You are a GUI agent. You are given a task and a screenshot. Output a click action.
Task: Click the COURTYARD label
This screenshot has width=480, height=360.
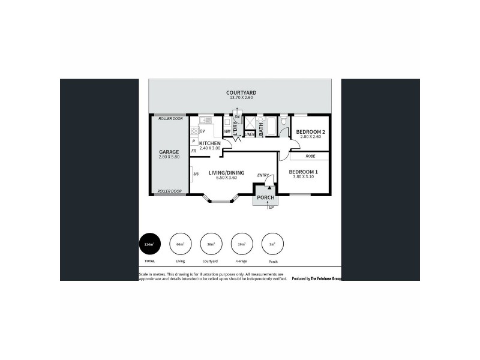tap(241, 92)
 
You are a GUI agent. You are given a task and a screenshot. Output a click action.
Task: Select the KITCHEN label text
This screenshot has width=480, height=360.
tap(210, 143)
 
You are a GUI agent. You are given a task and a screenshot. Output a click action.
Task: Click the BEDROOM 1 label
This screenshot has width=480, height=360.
tap(305, 172)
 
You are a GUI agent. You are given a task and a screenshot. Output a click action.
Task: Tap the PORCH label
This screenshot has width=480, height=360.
tap(265, 197)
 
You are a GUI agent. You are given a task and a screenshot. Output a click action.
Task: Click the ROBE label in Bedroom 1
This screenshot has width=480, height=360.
tap(310, 156)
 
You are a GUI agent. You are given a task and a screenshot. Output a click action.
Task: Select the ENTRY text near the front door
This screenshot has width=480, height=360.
tap(263, 175)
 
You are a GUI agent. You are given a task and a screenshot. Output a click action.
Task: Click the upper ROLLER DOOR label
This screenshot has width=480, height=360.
tap(170, 119)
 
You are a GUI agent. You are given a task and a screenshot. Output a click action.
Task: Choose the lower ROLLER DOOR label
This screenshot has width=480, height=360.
tap(169, 191)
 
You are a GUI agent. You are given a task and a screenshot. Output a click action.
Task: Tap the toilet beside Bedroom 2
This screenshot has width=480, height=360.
tap(283, 126)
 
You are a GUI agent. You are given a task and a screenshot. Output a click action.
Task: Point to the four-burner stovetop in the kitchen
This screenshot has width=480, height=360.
tap(194, 130)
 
